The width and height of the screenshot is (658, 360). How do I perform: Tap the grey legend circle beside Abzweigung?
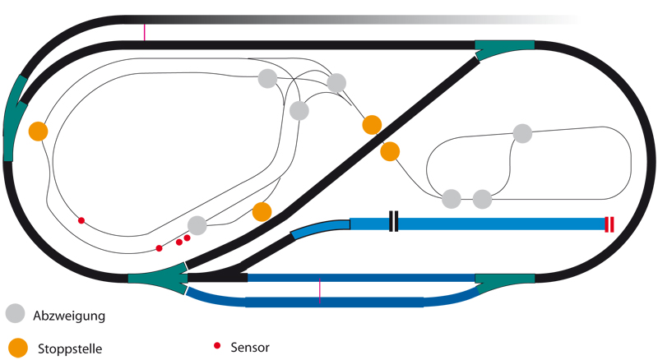click(x=16, y=313)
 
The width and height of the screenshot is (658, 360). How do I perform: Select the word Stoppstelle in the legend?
click(x=70, y=348)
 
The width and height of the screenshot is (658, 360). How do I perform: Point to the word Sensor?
click(x=250, y=348)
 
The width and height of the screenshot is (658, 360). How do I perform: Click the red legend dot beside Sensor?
click(x=217, y=345)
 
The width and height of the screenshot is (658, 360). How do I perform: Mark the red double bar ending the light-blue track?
click(x=609, y=224)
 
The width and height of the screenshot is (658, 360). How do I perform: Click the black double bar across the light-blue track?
click(x=394, y=222)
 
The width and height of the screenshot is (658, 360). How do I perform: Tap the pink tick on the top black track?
click(x=145, y=31)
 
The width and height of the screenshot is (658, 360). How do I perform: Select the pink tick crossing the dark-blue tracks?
click(x=319, y=290)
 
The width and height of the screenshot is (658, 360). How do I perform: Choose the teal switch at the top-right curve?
click(x=504, y=49)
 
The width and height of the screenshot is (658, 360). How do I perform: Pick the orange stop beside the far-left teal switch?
click(x=38, y=131)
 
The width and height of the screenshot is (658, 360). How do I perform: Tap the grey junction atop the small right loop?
click(x=522, y=133)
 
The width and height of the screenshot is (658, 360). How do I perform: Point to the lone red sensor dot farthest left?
click(x=81, y=220)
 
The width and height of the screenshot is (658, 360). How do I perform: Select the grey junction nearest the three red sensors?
click(x=197, y=225)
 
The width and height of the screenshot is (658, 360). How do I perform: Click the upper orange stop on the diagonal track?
click(x=372, y=125)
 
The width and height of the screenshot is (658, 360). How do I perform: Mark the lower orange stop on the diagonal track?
click(x=390, y=151)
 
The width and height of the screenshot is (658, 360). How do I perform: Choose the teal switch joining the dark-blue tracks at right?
click(x=500, y=284)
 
